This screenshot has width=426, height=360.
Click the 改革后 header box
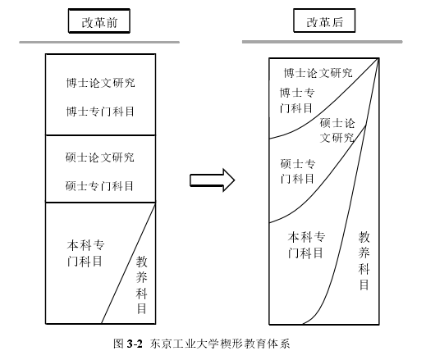[x=323, y=21]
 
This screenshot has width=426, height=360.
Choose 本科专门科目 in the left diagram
[x=85, y=253]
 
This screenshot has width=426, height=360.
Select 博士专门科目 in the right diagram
[x=296, y=100]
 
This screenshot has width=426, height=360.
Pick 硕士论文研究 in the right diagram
[x=337, y=130]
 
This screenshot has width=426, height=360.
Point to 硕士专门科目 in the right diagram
[x=296, y=171]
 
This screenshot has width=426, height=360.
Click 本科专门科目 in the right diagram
[x=307, y=244]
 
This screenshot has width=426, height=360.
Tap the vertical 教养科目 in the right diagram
[x=364, y=260]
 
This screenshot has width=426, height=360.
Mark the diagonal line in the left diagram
[x=128, y=262]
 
